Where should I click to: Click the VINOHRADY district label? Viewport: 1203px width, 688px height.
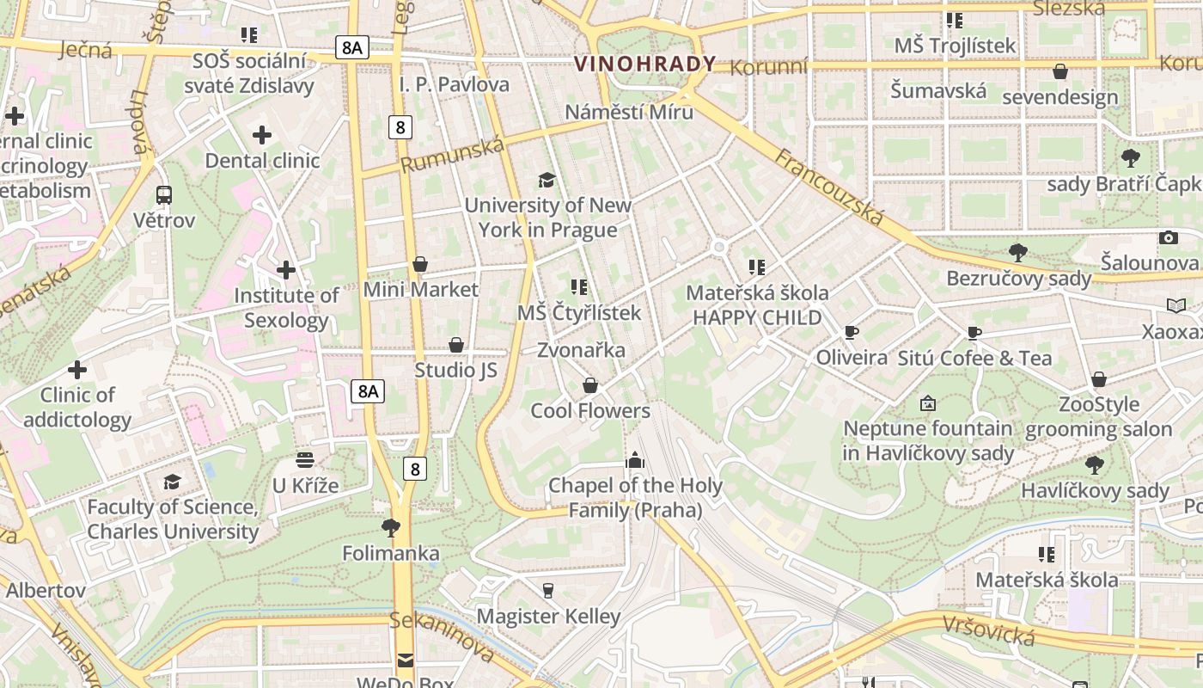(644, 64)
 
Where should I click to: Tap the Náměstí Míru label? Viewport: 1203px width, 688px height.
(629, 112)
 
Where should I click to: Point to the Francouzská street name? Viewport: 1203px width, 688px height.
(829, 187)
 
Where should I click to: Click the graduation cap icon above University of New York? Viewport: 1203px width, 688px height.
(547, 180)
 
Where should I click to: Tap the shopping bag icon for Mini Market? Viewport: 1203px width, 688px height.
(420, 264)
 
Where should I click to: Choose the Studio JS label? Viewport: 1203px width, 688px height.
(455, 370)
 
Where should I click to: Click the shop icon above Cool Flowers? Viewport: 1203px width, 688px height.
(589, 385)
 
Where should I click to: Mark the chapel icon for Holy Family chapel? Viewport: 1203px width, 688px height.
(635, 460)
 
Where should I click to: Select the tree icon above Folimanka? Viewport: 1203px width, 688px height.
(391, 527)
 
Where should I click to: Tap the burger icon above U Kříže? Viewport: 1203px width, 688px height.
(305, 460)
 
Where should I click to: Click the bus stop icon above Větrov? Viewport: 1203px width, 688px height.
(164, 195)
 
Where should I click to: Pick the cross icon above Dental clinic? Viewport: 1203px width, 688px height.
(262, 135)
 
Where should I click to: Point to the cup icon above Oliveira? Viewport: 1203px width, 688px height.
(852, 332)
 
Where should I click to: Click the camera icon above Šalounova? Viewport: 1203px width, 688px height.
(1168, 237)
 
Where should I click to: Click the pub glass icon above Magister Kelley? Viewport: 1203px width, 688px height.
(548, 591)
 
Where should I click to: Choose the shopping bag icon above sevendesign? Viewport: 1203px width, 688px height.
(1060, 71)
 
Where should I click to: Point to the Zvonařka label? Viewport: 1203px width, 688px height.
(581, 350)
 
